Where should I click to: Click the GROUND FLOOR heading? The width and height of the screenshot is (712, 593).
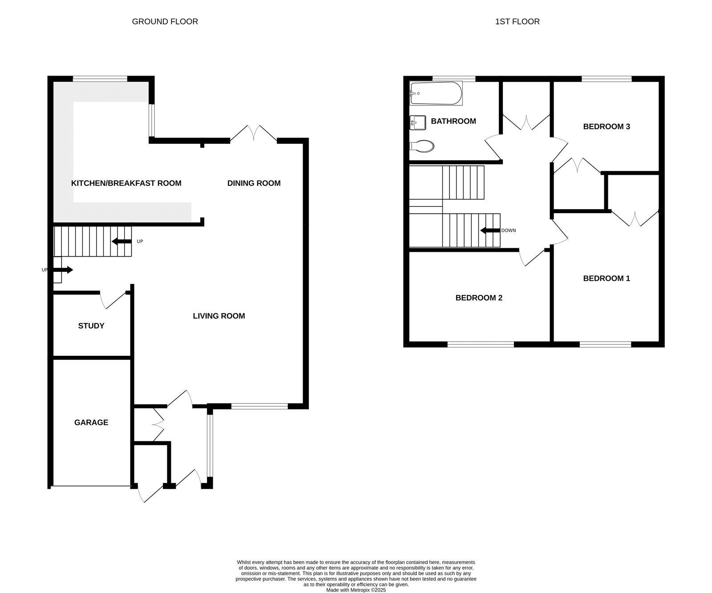165,21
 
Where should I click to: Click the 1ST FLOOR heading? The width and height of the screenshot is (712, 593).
517,21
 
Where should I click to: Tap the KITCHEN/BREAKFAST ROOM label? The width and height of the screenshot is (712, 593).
126,183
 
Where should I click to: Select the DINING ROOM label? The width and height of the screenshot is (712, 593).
254,183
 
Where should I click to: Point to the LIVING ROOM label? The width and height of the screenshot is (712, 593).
219,316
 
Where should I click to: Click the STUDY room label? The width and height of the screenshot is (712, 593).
91,326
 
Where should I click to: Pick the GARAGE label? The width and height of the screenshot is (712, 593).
91,422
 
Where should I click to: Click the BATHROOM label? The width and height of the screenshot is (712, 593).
453,121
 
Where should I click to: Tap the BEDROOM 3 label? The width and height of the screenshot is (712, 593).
607,126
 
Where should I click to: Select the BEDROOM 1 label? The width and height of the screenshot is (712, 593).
607,278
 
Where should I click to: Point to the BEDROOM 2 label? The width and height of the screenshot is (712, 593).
479,298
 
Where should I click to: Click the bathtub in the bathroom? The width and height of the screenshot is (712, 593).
436,93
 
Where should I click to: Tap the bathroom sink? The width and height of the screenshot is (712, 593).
418,123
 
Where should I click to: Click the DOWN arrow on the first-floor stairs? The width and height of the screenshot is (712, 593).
490,230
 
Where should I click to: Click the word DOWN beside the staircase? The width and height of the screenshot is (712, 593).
509,230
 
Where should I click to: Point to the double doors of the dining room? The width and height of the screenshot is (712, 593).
254,133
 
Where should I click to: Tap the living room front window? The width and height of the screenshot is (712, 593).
259,406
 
